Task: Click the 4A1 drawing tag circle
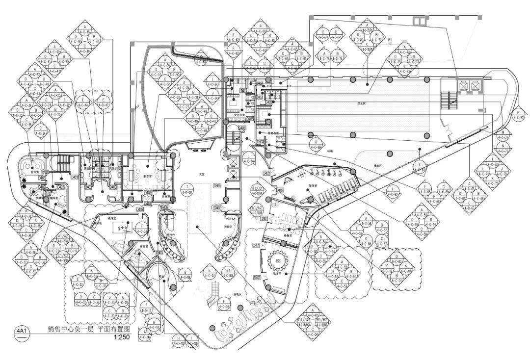[x=22, y=331]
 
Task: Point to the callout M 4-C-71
[x=502, y=135]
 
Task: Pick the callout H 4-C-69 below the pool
[x=315, y=144]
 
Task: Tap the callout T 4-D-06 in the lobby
[x=187, y=189]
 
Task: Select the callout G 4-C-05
[x=185, y=275]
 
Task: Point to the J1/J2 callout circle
[x=257, y=190]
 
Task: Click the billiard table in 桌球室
[x=121, y=228]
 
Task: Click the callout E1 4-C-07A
[x=228, y=273]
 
